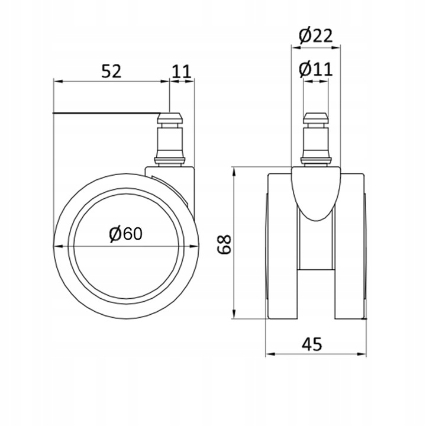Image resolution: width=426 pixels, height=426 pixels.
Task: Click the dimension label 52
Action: point(111,72)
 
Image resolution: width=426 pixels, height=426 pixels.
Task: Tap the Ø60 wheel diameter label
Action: point(125,234)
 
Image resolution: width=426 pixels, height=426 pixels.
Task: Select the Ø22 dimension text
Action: point(316,36)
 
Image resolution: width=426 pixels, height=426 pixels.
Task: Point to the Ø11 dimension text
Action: point(316,70)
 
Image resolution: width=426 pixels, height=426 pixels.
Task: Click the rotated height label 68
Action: point(224,244)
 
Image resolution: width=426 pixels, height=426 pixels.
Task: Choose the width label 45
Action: point(312,344)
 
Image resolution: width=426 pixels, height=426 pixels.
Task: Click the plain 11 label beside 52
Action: point(182,72)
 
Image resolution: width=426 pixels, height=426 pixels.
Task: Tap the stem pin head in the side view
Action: point(170,118)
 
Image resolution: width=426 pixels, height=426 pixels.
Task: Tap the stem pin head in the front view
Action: point(315,118)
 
